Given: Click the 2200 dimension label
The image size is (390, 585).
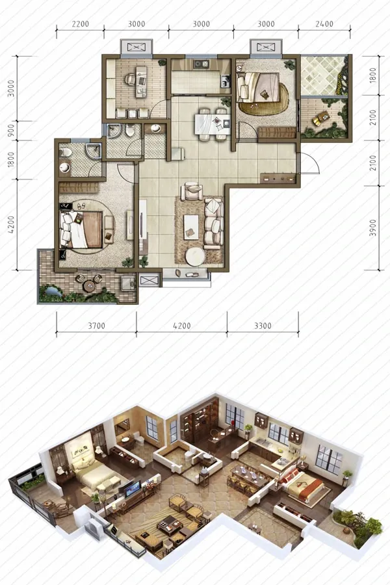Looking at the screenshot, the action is coord(80,24).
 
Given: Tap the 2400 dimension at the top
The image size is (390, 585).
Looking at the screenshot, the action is coord(324,24).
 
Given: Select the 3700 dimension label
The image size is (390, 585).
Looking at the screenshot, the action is coord(96,326).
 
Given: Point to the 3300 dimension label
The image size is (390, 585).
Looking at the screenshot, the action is coord(263,326).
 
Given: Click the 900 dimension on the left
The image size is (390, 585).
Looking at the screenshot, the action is coord(11,130).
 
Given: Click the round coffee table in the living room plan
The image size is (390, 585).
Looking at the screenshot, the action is coord(195,257).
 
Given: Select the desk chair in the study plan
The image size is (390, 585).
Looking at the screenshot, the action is coord(130,79).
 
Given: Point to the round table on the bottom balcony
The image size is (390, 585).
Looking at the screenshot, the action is coord(90,286).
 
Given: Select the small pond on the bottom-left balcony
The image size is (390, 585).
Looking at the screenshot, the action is coord(52,291).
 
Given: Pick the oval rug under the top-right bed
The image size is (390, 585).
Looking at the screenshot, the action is coord(265,99).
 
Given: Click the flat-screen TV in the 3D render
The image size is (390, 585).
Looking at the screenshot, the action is coord(133,488).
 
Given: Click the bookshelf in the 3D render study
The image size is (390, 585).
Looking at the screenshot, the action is coord(200,420).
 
